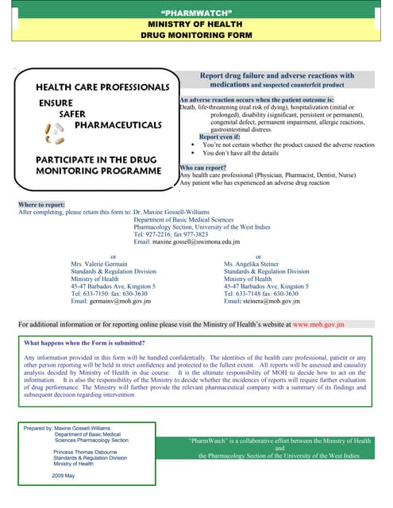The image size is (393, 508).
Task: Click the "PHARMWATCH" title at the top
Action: point(195,13)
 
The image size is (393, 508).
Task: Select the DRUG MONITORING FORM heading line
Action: point(195,36)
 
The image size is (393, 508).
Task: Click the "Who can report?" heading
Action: point(204,168)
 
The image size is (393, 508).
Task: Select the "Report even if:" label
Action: point(219,137)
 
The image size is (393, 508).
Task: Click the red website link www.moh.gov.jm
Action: point(318,347)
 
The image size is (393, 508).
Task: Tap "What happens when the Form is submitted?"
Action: point(85,365)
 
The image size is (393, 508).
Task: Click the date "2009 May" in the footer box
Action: point(64,475)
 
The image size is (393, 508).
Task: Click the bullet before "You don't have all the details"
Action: point(194,153)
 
